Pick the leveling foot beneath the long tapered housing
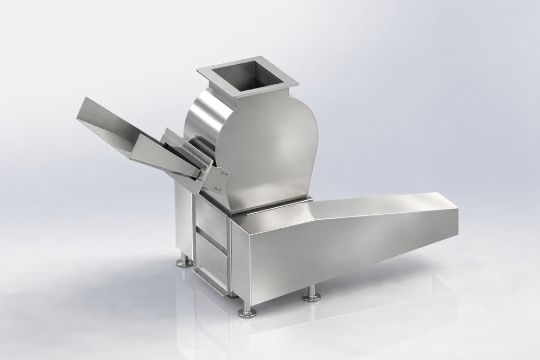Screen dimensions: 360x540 point(312,295)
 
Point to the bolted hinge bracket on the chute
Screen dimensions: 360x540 point(219,180)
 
